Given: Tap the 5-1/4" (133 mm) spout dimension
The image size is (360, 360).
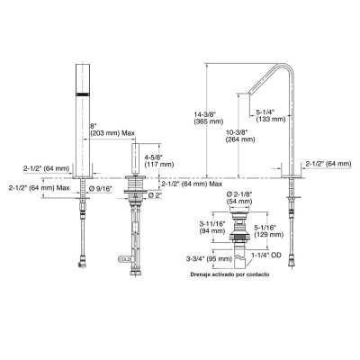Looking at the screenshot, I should pyautogui.click(x=271, y=115).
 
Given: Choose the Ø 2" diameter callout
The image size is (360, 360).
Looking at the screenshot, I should pyautogui.click(x=154, y=194).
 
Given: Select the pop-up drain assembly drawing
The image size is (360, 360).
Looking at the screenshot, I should pyautogui.click(x=240, y=238).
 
